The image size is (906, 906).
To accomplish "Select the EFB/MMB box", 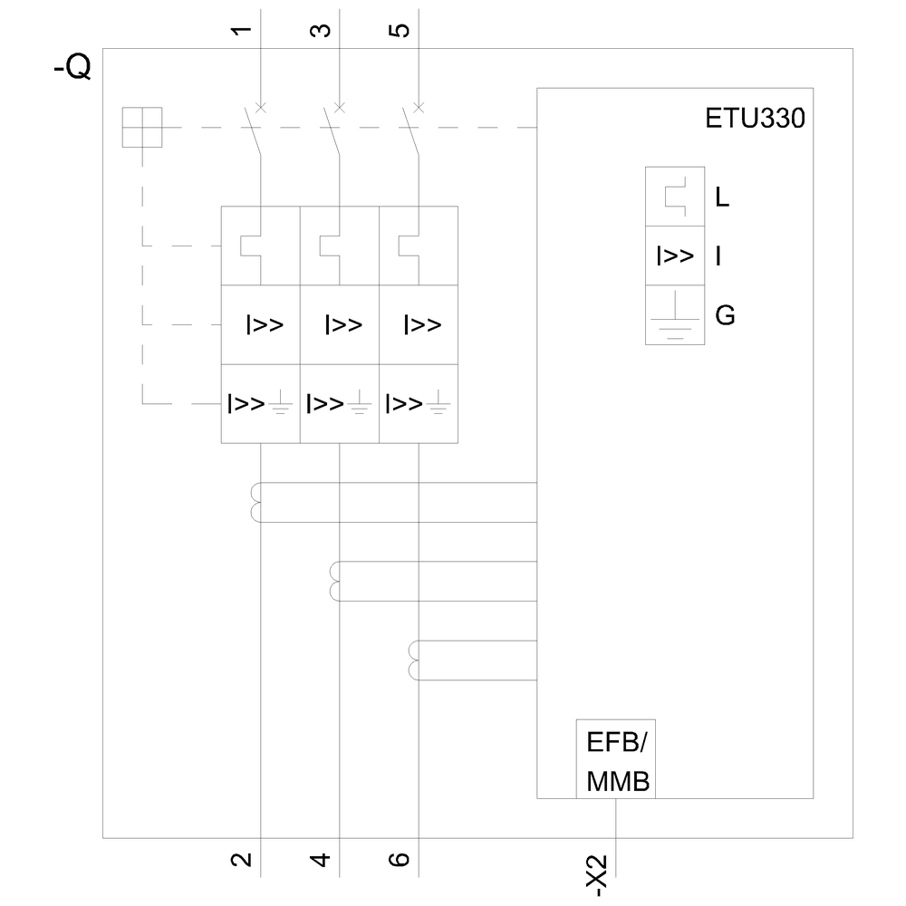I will click(616, 759).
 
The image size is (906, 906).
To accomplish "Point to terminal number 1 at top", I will click(241, 31).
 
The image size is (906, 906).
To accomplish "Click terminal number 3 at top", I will click(320, 31).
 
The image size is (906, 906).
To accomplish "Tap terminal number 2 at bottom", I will click(241, 858).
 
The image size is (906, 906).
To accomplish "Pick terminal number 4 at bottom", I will click(320, 858).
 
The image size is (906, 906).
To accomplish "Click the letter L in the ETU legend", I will click(722, 197).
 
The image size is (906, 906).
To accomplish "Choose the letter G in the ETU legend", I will click(725, 316).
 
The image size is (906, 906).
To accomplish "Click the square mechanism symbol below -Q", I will click(142, 127).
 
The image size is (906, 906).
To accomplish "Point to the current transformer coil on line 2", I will click(255, 503).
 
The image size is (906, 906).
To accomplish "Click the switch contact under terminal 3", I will click(333, 131).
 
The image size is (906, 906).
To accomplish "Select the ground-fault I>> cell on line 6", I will click(418, 403).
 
